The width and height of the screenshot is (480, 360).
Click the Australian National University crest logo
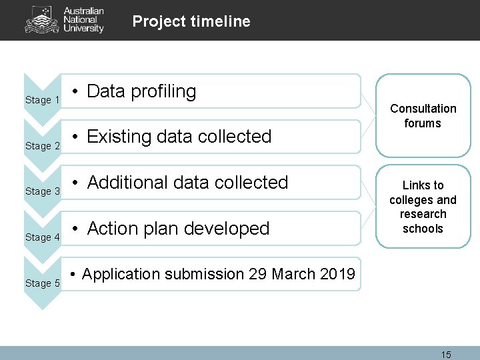click(x=41, y=20)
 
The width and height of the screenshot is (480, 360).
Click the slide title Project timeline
click(x=191, y=21)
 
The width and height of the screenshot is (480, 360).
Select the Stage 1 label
click(x=43, y=100)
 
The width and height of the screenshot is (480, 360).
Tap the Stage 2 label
click(x=43, y=146)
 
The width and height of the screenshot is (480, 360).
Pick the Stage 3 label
click(x=43, y=191)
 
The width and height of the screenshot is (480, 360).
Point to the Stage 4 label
click(x=43, y=237)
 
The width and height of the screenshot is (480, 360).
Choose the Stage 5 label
click(x=43, y=283)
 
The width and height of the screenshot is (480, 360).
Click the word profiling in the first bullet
click(x=163, y=92)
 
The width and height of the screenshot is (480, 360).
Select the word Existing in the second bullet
click(x=119, y=137)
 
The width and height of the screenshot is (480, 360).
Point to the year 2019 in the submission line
click(x=337, y=274)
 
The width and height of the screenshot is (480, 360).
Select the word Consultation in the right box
click(x=423, y=109)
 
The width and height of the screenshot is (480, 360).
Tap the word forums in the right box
click(x=423, y=123)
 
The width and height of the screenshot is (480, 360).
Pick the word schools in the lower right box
click(x=423, y=229)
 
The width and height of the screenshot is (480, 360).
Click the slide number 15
click(x=446, y=355)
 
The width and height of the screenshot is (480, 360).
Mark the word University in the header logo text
click(x=83, y=29)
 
